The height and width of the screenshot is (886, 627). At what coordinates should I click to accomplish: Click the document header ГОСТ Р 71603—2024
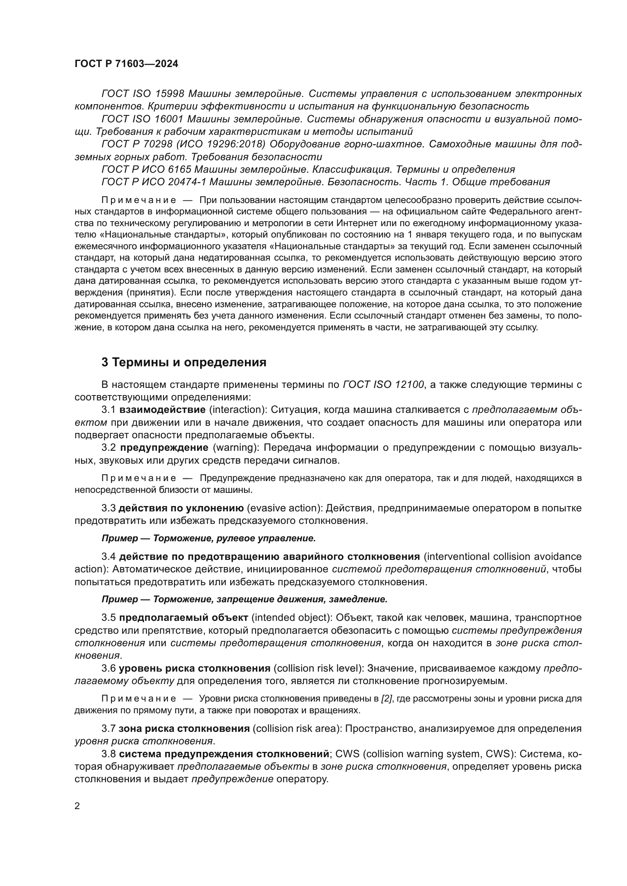pyautogui.click(x=126, y=64)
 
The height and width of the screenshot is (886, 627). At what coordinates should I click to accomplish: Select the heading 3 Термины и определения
pyautogui.click(x=184, y=363)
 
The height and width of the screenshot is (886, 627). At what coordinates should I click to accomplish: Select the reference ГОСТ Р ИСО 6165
pyautogui.click(x=146, y=169)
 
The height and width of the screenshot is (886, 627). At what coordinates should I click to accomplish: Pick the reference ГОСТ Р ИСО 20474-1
pyautogui.click(x=155, y=182)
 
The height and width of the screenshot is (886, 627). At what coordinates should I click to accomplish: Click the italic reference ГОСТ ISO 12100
pyautogui.click(x=383, y=384)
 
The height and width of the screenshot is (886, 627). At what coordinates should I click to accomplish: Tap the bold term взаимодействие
pyautogui.click(x=162, y=409)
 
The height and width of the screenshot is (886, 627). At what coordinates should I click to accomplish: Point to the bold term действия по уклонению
pyautogui.click(x=181, y=508)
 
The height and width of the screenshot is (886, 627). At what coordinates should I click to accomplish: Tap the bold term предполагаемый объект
pyautogui.click(x=183, y=618)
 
